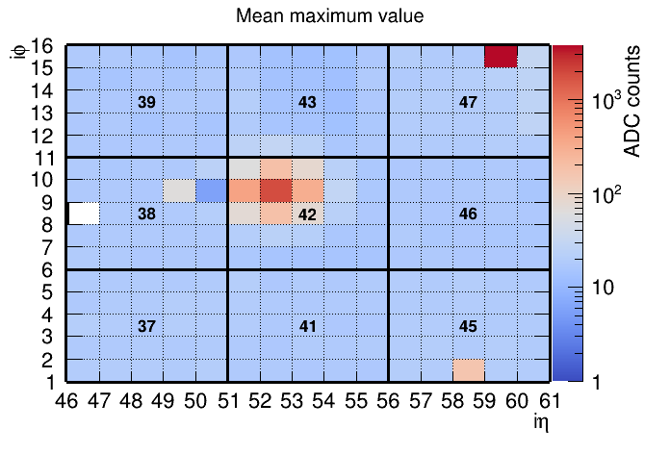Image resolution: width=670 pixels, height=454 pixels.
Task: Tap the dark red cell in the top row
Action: click(x=501, y=56)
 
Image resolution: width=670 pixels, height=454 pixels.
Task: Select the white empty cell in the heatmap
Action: click(x=84, y=213)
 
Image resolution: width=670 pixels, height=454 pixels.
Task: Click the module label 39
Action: click(x=146, y=102)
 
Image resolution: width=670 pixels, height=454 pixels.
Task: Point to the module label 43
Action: click(x=307, y=102)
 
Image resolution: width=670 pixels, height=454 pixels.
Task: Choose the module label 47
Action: click(x=469, y=102)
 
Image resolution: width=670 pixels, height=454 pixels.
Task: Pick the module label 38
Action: click(x=146, y=214)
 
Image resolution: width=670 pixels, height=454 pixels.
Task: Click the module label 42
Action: click(x=307, y=214)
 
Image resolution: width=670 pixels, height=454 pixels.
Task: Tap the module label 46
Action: click(x=469, y=214)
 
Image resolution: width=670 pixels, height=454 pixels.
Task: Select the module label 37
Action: click(x=146, y=327)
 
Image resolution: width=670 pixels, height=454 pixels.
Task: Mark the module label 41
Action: click(x=307, y=327)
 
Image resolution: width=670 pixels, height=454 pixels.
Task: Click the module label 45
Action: click(x=469, y=327)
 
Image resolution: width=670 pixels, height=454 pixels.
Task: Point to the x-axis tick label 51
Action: click(x=227, y=399)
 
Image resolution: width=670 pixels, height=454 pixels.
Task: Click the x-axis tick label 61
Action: click(x=548, y=399)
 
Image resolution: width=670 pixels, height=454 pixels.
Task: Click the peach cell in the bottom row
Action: click(x=469, y=370)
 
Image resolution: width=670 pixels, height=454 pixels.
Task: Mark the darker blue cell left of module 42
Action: click(x=212, y=190)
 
